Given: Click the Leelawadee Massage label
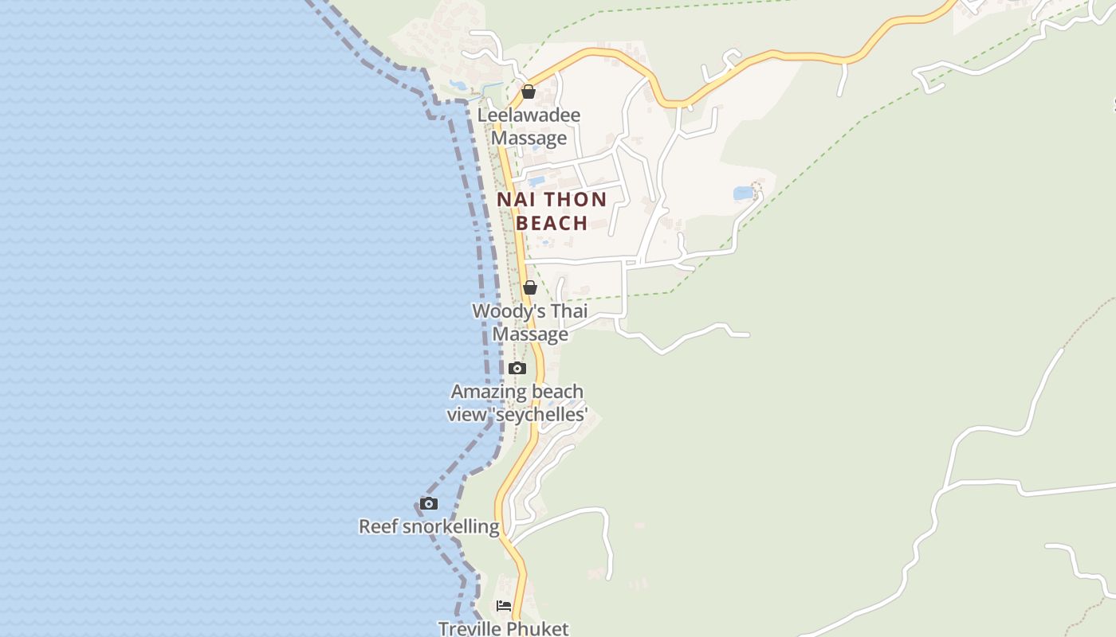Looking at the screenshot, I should point(529,127).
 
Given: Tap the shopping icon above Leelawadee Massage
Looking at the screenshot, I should point(528,92).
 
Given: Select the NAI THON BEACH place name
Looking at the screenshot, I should point(552,211).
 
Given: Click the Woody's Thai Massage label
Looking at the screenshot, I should point(529,322).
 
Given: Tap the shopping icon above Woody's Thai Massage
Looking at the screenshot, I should point(529,287).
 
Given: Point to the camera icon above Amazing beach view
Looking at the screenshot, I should point(517,368).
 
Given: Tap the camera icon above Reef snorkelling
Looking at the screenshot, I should point(429,503).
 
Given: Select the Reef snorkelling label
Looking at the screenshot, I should point(429,526).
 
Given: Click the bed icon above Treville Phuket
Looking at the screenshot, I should point(503,606).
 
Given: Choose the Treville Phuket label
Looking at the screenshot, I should point(504,628).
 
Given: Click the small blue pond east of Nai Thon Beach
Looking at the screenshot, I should point(743,193).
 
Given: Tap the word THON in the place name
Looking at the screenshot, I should point(576,199).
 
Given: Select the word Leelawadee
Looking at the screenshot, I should point(529,115).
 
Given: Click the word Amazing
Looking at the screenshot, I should point(485,392).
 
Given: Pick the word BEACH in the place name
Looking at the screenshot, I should point(552,223).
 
